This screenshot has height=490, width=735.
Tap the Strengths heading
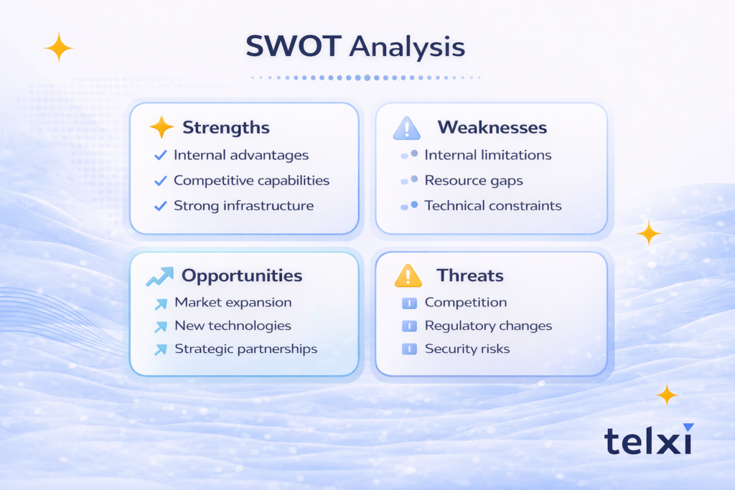225,128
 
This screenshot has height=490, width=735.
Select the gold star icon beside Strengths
161,128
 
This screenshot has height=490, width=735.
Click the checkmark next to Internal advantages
161,155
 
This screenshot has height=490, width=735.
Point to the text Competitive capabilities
251,180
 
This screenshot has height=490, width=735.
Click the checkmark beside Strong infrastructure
161,206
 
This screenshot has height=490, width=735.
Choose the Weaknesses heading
492,128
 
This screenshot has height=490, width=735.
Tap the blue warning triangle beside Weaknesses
407,128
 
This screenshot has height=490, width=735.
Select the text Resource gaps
473,180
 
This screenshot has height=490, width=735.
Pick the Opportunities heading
241,276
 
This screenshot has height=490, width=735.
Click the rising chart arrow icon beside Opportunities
160,276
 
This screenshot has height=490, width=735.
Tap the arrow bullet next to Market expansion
161,303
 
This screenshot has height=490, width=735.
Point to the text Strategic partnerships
245,349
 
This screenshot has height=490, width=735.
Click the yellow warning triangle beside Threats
408,275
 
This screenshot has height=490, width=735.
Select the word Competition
465,303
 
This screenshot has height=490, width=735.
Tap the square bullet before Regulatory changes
409,326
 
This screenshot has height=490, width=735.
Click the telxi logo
648,439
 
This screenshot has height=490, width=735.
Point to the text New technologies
233,326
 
